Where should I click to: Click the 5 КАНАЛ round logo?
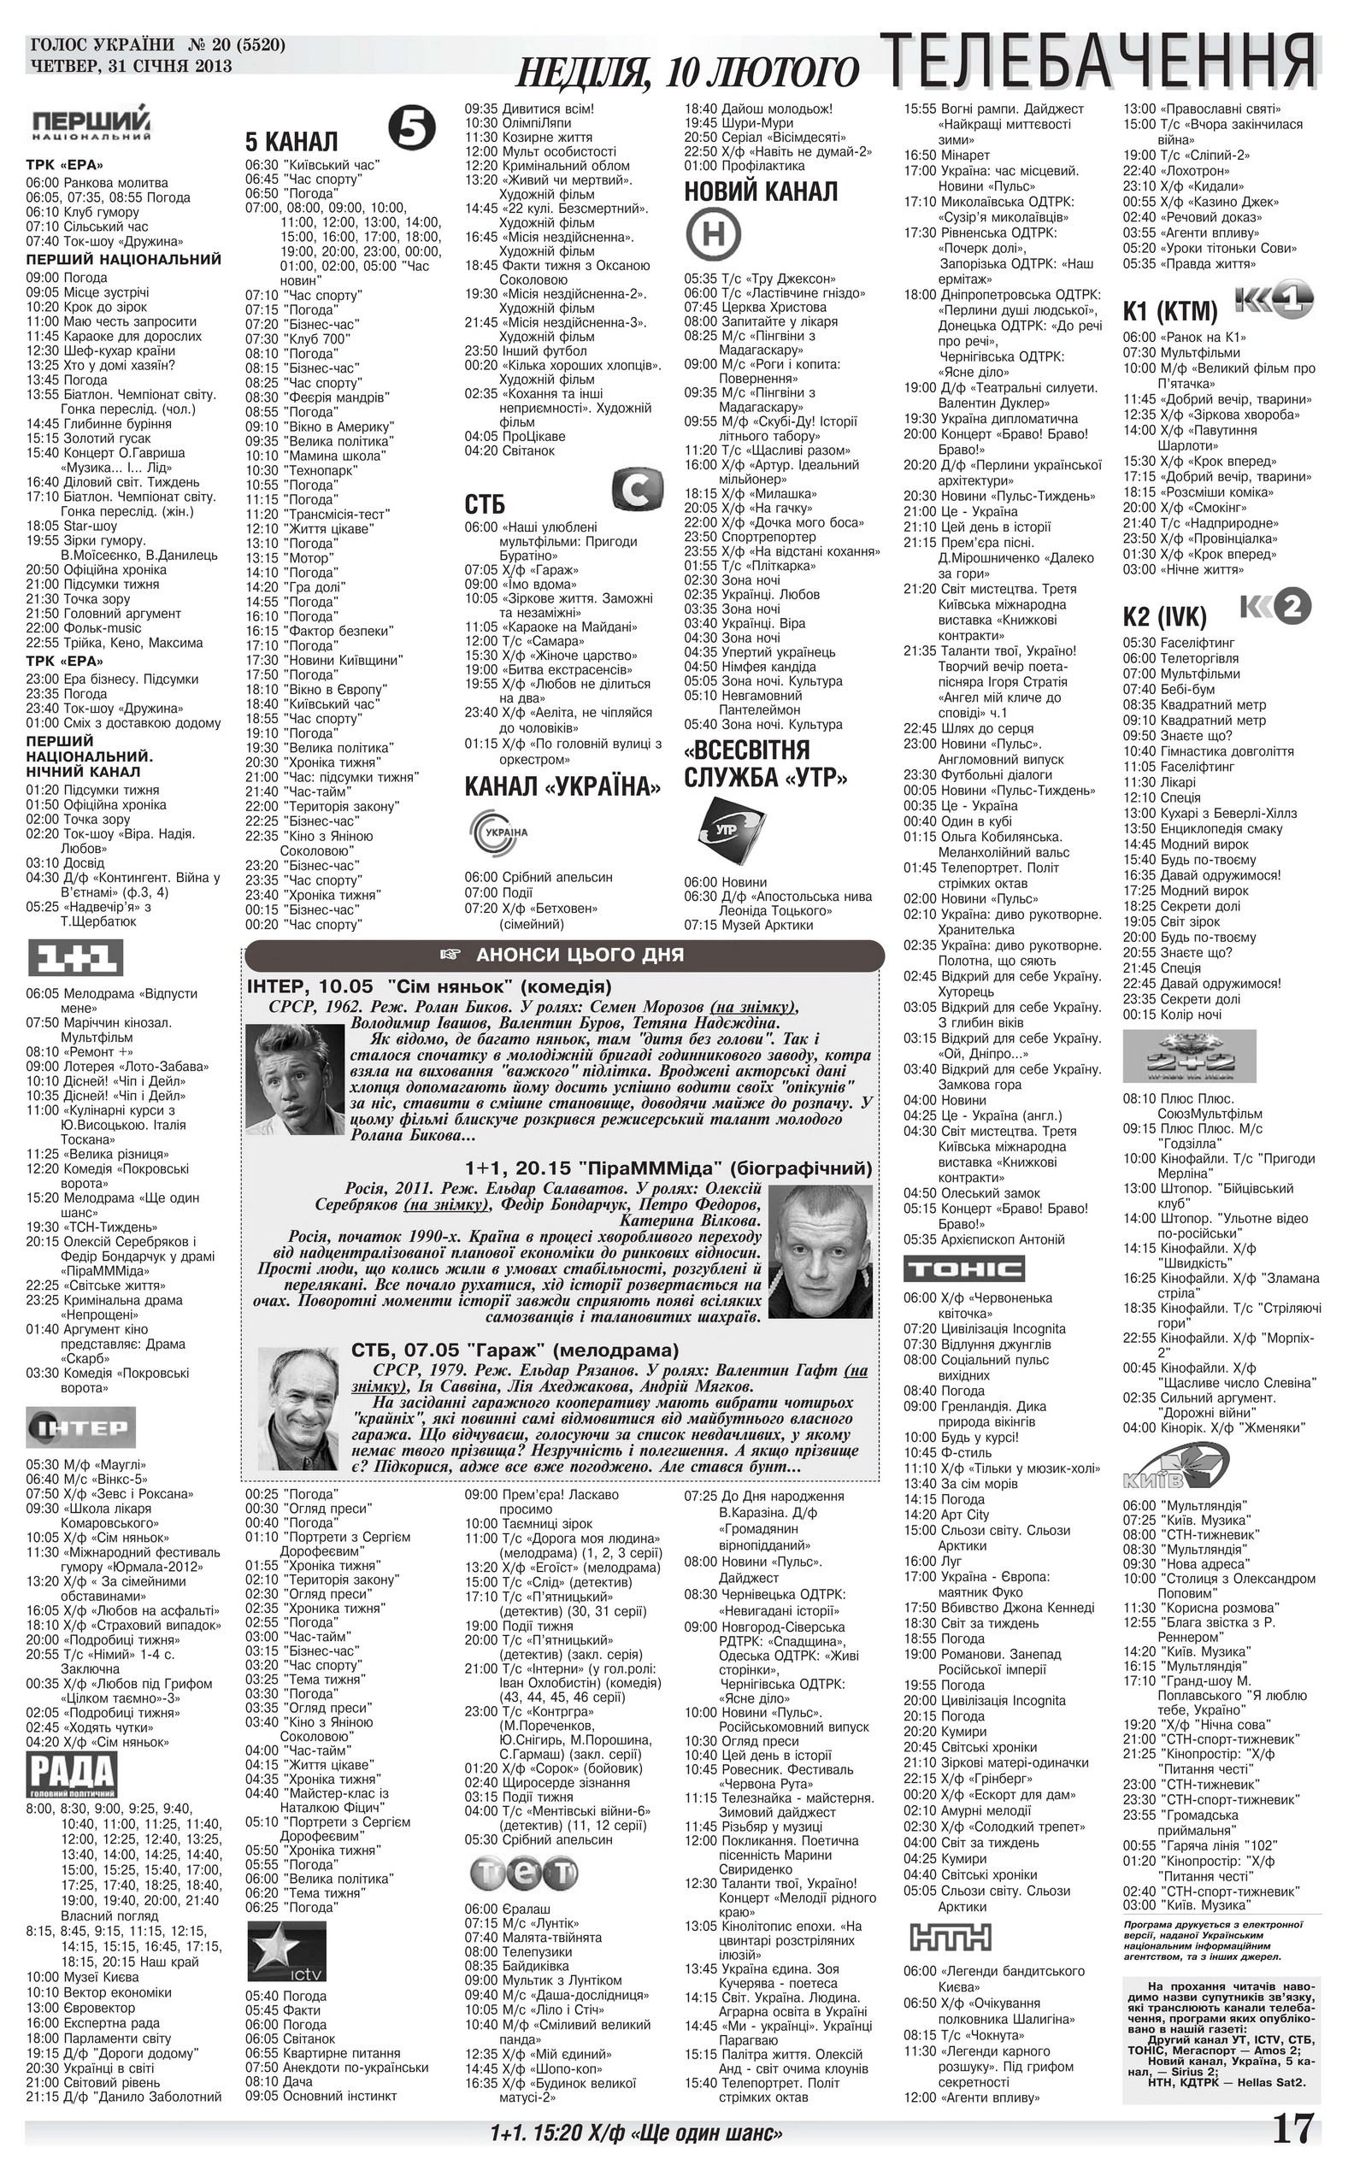pos(413,126)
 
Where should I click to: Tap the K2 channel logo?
pos(1276,607)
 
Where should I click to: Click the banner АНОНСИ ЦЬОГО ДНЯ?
pos(564,956)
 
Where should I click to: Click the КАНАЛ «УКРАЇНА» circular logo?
pos(498,833)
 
